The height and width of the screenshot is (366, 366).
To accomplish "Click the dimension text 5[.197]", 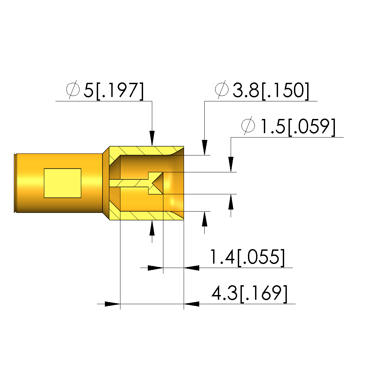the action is click(x=114, y=91).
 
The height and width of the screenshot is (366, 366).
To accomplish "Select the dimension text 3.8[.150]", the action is click(x=271, y=91).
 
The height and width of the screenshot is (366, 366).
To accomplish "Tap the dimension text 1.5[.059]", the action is click(x=298, y=127).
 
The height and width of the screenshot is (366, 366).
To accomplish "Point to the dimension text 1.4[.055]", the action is click(x=247, y=257).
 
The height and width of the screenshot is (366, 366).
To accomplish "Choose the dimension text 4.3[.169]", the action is click(x=249, y=293).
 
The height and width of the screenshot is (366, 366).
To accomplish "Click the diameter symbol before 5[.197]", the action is click(x=73, y=90).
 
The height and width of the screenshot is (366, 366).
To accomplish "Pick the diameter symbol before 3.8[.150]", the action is click(x=222, y=90).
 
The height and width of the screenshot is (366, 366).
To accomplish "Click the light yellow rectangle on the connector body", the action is click(x=63, y=183).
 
